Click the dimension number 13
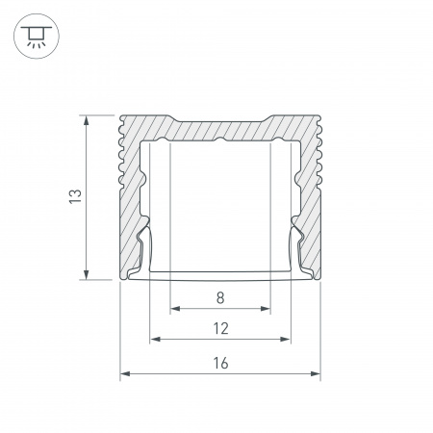click(75, 196)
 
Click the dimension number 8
click(220, 298)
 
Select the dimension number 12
click(221, 329)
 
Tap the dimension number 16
click(220, 363)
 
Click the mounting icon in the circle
click(37, 36)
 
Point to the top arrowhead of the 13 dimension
click(86, 120)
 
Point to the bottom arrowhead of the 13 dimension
click(86, 274)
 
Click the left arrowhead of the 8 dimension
click(175, 309)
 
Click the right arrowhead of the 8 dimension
click(266, 309)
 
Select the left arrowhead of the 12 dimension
click(155, 339)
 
